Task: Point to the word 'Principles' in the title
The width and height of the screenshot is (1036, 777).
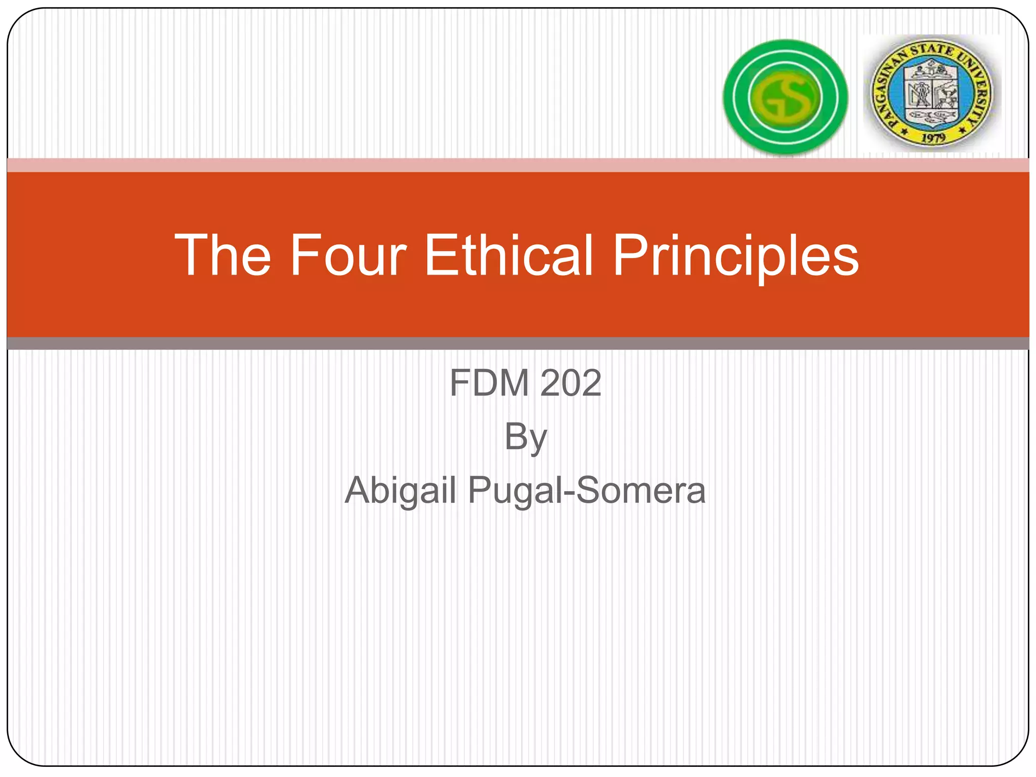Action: tap(736, 256)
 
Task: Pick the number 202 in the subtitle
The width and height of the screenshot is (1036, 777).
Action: tap(571, 383)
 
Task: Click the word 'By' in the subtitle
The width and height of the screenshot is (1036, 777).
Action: tap(526, 437)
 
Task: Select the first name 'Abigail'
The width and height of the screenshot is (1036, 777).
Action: tap(400, 491)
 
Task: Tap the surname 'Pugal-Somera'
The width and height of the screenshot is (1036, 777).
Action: tap(586, 491)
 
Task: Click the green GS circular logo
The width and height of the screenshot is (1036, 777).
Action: tap(785, 97)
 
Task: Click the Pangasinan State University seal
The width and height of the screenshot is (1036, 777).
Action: tap(931, 94)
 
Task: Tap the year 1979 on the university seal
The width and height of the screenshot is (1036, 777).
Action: tap(933, 137)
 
